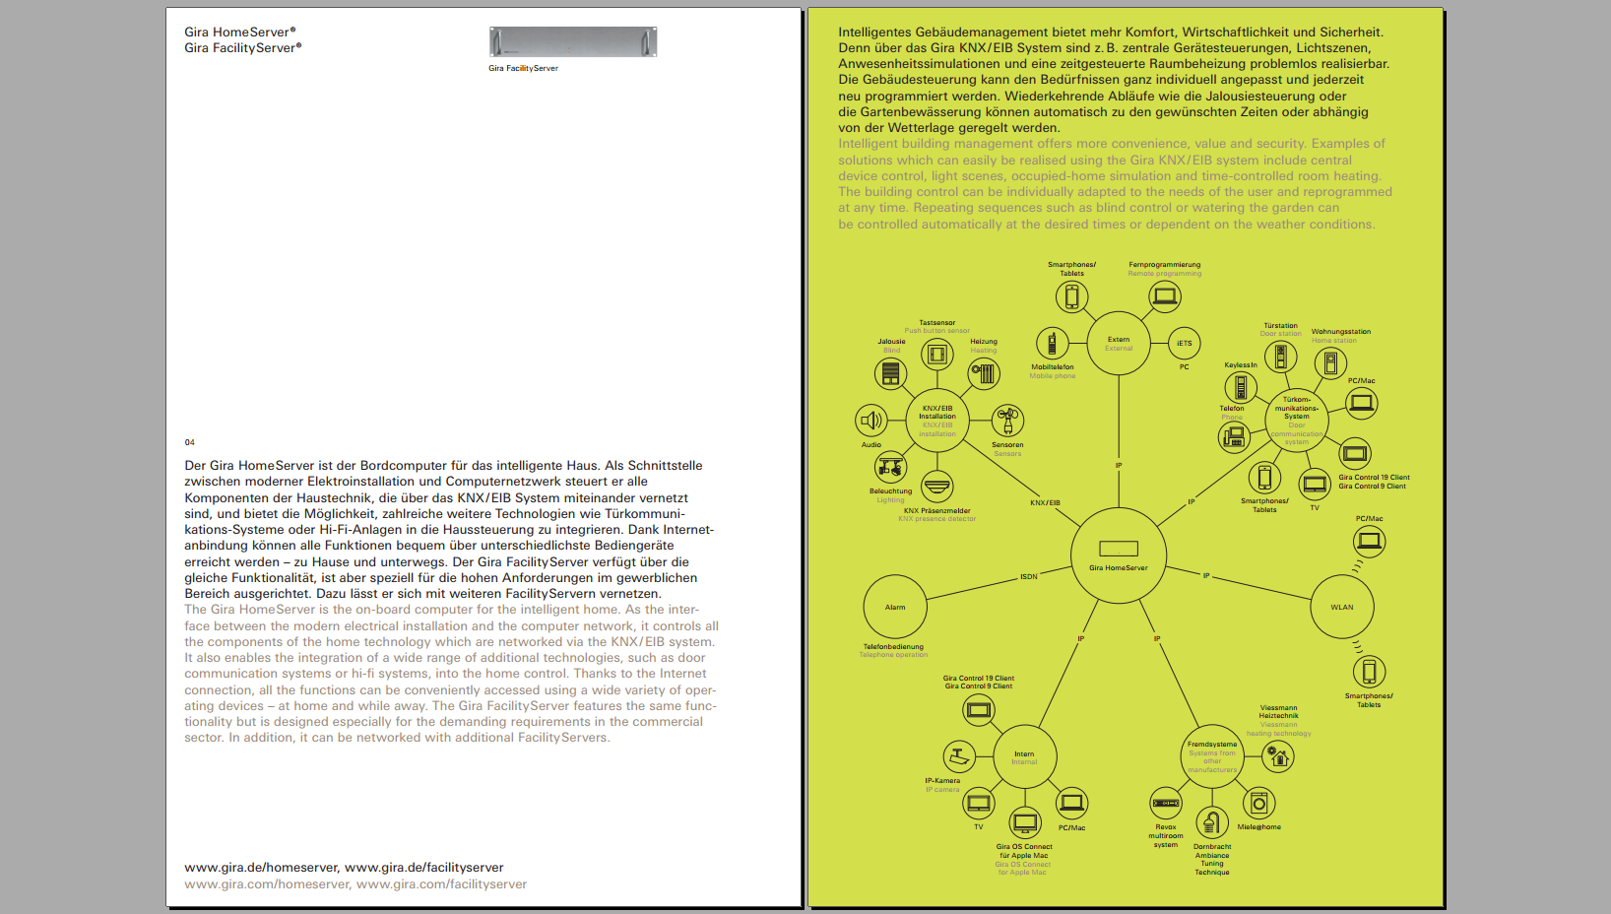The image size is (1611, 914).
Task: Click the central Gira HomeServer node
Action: click(x=1119, y=555)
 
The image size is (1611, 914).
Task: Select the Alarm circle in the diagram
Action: click(x=894, y=607)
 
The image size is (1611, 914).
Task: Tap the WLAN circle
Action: click(x=1342, y=607)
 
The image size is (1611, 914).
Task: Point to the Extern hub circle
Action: click(x=1119, y=344)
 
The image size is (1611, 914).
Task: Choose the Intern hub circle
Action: click(x=1024, y=757)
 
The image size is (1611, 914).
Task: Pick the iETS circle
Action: click(x=1184, y=344)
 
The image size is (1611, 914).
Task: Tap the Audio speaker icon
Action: click(x=871, y=422)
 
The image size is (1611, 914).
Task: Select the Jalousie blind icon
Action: click(x=890, y=373)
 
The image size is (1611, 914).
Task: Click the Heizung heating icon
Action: click(x=984, y=373)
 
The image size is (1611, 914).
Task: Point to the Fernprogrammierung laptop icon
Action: click(x=1165, y=295)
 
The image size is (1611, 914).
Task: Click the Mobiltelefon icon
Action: click(x=1052, y=344)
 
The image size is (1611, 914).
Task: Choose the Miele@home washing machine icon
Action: click(x=1258, y=804)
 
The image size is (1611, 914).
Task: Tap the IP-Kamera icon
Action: click(x=959, y=756)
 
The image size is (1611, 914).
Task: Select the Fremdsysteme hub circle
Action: click(x=1212, y=756)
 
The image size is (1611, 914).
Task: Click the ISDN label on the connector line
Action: click(x=1028, y=576)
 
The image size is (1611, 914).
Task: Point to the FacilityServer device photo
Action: click(x=573, y=42)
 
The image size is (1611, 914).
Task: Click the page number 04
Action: click(x=190, y=442)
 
